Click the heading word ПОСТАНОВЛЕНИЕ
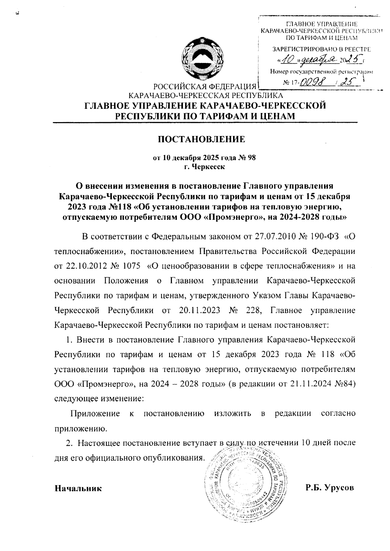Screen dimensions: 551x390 [201, 140]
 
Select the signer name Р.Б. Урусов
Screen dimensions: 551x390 [329, 488]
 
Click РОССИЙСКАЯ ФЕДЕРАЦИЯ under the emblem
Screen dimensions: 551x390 [204, 87]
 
